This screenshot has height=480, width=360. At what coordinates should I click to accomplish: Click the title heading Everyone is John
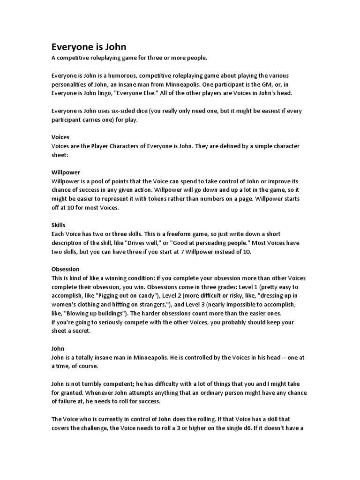point(89,47)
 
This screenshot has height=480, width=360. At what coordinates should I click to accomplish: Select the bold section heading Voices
point(60,137)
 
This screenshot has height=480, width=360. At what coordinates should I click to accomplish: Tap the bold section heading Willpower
point(66,172)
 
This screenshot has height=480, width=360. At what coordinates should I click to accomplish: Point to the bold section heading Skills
point(58,225)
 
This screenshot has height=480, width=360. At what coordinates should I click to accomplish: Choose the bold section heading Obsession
point(65,269)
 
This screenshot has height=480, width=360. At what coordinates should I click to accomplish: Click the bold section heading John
point(58,348)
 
